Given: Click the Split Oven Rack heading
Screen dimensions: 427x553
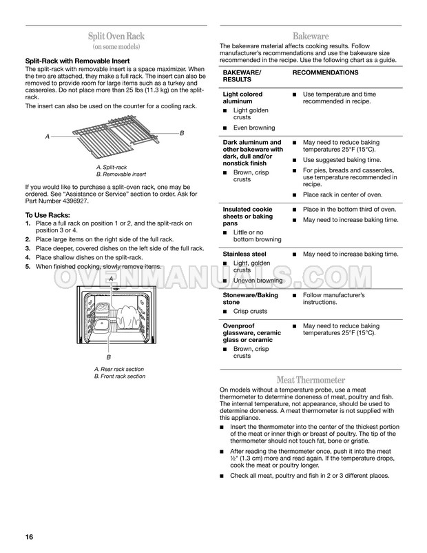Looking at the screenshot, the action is click(x=116, y=36).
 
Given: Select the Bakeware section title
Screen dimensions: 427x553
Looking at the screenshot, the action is click(x=311, y=36).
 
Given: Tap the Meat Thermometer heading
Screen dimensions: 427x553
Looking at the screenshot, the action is click(x=311, y=380).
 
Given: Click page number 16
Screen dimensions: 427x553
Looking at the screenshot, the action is click(x=29, y=536).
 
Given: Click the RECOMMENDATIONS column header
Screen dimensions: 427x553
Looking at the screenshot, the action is click(x=325, y=72).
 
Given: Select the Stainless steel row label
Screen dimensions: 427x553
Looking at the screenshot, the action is click(x=244, y=254).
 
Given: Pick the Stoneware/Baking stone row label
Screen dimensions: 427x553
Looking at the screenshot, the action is click(x=250, y=299).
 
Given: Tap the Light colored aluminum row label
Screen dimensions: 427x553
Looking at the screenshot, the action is click(x=242, y=98).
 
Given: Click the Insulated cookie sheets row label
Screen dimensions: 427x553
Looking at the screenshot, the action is click(x=247, y=217).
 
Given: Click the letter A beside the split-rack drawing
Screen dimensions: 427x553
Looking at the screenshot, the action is click(x=48, y=137).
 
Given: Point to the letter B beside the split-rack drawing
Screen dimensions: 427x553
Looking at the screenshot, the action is click(x=182, y=133).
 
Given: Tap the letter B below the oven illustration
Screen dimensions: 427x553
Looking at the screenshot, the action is click(x=109, y=357).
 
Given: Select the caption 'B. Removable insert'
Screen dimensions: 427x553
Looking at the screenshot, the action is click(x=121, y=174).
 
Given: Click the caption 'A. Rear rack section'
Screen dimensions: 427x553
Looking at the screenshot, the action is click(x=119, y=370).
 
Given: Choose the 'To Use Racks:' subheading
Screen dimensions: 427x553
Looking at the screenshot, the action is click(x=48, y=215).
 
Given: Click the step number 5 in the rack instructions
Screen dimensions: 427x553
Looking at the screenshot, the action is click(x=28, y=267).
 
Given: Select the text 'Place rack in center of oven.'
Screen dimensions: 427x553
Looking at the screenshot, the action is click(x=342, y=194).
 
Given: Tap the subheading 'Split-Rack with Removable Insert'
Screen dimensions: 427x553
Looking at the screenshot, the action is click(x=78, y=61).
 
